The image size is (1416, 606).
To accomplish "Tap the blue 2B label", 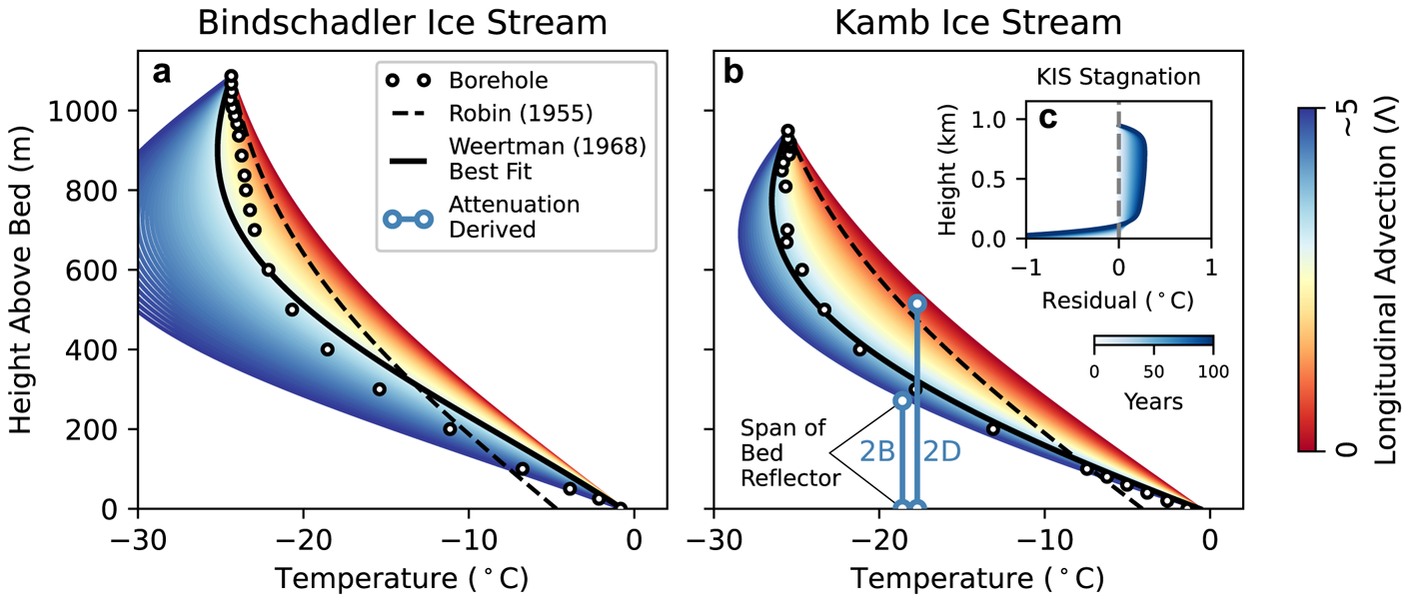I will (876, 451).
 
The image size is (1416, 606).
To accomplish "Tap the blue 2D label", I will (941, 451).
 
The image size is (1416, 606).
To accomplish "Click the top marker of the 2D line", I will (918, 303).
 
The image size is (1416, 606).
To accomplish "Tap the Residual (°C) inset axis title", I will (1118, 299).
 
